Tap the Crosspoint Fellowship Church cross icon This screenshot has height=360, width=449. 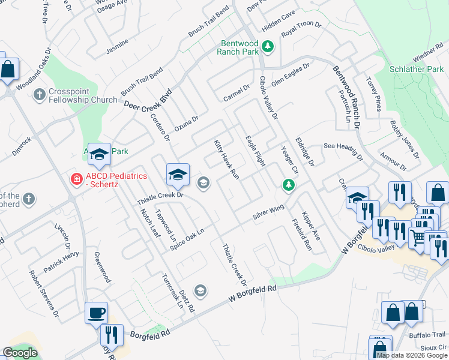pos(39,94)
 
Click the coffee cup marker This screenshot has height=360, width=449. pos(96,313)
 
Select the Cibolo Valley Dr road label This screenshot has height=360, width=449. pos(269,98)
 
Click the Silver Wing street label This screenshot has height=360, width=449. pos(268,212)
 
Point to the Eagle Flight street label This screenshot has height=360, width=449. pos(255,151)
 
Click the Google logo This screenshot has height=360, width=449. pos(20,353)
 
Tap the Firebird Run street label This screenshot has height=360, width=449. pos(302,235)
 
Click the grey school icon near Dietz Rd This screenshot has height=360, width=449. pos(200,291)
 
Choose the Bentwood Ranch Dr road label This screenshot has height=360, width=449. pos(346,98)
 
